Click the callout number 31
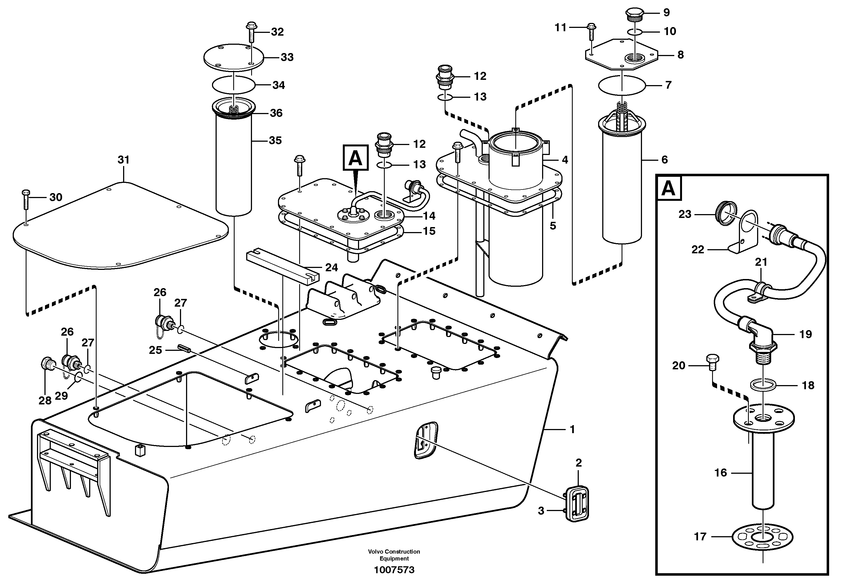(x=124, y=160)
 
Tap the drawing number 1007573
(x=394, y=570)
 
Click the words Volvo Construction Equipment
(x=394, y=555)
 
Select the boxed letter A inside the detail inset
(x=669, y=189)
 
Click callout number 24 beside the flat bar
(x=331, y=268)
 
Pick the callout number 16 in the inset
(x=721, y=472)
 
